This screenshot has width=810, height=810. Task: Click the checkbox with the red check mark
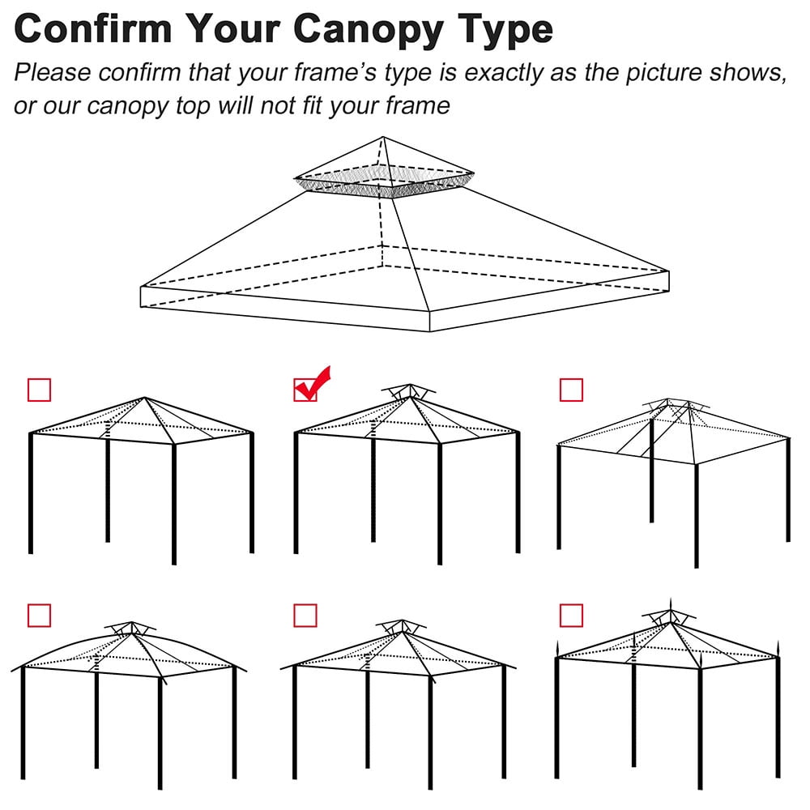click(305, 390)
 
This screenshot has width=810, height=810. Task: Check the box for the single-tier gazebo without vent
click(39, 390)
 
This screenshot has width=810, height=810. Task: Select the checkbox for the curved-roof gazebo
click(39, 616)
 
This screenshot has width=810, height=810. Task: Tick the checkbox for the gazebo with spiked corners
click(571, 616)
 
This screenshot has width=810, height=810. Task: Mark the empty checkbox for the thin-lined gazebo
click(571, 390)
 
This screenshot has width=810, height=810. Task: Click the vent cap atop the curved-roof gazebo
click(130, 627)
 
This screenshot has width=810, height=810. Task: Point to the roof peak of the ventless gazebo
click(144, 398)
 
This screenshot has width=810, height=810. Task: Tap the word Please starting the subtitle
click(54, 72)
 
